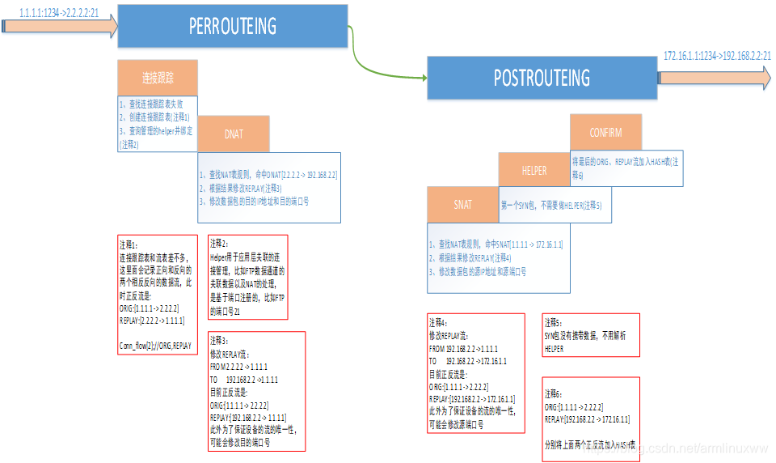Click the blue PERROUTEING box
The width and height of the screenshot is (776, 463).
[233, 26]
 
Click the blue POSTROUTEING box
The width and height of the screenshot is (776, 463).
[542, 78]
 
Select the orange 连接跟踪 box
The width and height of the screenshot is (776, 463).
[157, 78]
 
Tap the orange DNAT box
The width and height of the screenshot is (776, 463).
[233, 134]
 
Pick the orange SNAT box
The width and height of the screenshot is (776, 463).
[462, 205]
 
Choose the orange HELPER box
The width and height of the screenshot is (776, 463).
[533, 171]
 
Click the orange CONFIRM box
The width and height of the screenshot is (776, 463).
[605, 133]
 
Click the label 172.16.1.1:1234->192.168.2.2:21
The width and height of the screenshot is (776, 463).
[717, 56]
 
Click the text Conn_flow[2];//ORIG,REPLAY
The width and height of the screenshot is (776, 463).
[155, 346]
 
